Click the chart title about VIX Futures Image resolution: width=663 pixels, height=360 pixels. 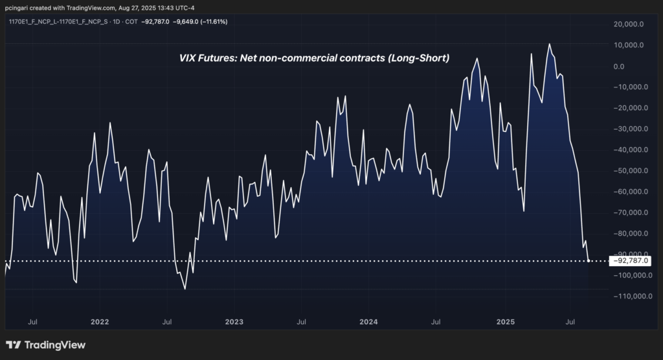point(314,58)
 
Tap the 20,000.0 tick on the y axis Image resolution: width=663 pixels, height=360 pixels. point(627,24)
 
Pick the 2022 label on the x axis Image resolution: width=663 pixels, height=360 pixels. point(100,321)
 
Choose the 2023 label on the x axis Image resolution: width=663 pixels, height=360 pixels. point(234,321)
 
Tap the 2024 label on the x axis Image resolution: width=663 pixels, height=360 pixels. point(368,321)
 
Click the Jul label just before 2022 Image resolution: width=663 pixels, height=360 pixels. point(32,321)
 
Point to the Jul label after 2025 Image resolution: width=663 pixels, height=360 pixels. point(571,321)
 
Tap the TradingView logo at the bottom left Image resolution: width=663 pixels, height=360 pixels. point(45,345)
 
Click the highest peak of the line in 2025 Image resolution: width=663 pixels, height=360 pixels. point(549,44)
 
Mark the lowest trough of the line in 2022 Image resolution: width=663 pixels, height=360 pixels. point(185,289)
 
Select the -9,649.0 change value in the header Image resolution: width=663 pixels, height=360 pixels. point(174,21)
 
